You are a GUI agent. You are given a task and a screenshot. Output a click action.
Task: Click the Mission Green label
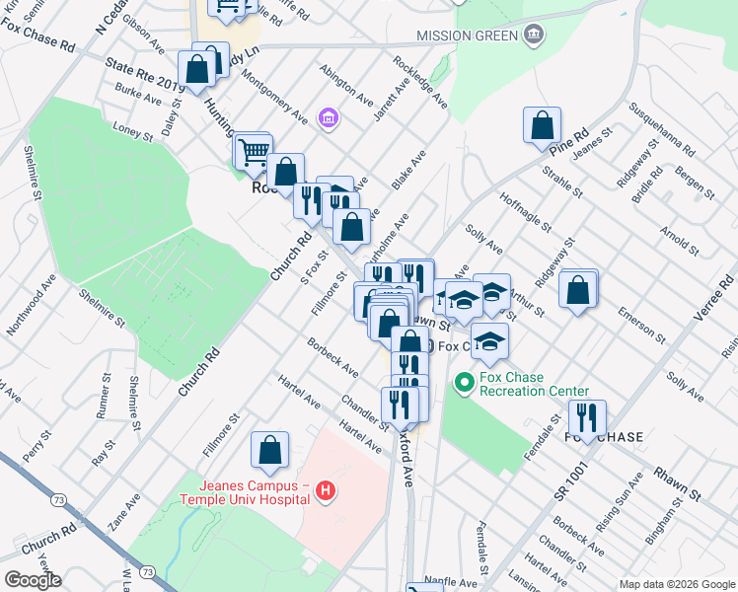(467, 37)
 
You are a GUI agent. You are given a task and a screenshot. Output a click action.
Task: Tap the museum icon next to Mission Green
(534, 37)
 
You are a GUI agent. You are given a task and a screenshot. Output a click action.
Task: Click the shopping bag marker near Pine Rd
(542, 126)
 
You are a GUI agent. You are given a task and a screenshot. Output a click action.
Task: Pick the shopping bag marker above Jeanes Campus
(269, 451)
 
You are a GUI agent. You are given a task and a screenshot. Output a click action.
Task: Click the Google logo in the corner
(33, 580)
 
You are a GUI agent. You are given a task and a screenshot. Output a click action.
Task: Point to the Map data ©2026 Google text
(676, 584)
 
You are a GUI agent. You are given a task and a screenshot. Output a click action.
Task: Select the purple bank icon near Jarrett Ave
(330, 120)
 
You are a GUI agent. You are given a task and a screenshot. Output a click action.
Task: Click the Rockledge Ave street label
(419, 81)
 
